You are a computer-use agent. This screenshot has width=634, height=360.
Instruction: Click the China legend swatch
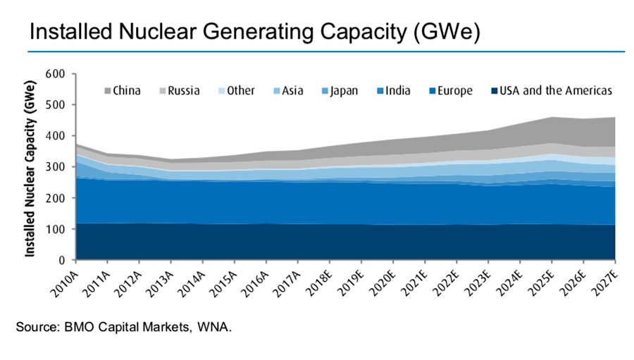click(108, 90)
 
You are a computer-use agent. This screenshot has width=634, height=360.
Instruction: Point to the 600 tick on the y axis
click(55, 73)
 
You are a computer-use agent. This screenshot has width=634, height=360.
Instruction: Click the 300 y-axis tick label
click(55, 167)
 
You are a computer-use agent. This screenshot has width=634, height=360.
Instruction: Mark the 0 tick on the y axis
click(62, 261)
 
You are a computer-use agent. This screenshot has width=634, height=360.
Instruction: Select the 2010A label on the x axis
click(68, 275)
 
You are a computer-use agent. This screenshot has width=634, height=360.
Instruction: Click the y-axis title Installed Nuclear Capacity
click(32, 167)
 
